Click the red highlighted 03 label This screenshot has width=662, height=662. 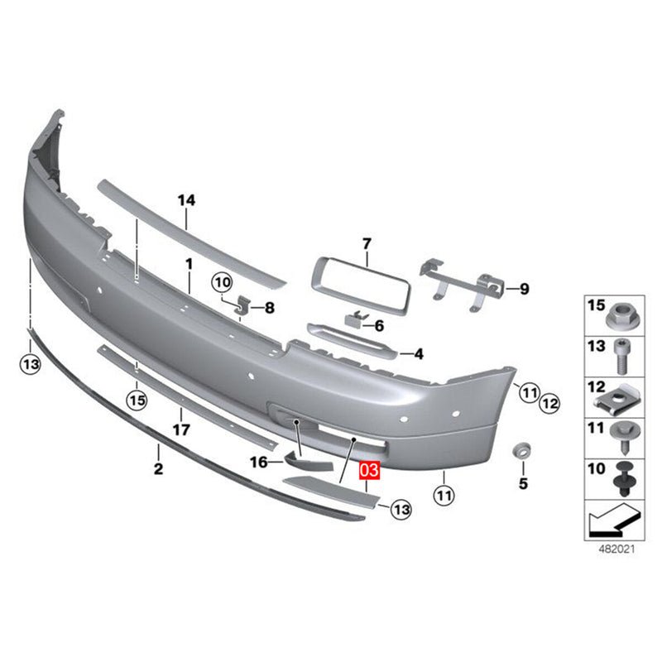click(x=368, y=472)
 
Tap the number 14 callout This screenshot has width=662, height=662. click(x=186, y=199)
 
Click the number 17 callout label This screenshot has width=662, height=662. click(x=181, y=429)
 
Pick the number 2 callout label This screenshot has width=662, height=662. click(x=158, y=470)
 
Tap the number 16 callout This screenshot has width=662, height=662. click(x=259, y=463)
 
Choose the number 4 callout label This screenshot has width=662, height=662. click(x=419, y=354)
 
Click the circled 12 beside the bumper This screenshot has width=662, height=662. click(x=550, y=404)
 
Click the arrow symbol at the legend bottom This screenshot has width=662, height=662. click(x=612, y=520)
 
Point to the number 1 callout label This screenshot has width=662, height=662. click(x=188, y=263)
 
